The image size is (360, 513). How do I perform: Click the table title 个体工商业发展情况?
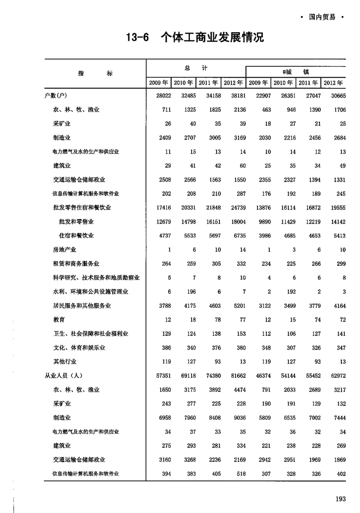pos(212,37)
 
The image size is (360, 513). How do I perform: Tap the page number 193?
pos(340,498)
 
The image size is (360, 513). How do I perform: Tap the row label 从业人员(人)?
pos(65,376)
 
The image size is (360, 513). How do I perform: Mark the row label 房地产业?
pos(65,249)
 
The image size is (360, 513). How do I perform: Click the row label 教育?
pos(59,320)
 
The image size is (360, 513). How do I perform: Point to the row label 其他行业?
pos(65,362)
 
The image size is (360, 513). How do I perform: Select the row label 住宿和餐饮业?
pos(76,236)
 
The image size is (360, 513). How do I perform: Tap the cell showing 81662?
pos(231,376)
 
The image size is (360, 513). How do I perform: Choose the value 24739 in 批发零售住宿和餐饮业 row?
pos(231,207)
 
